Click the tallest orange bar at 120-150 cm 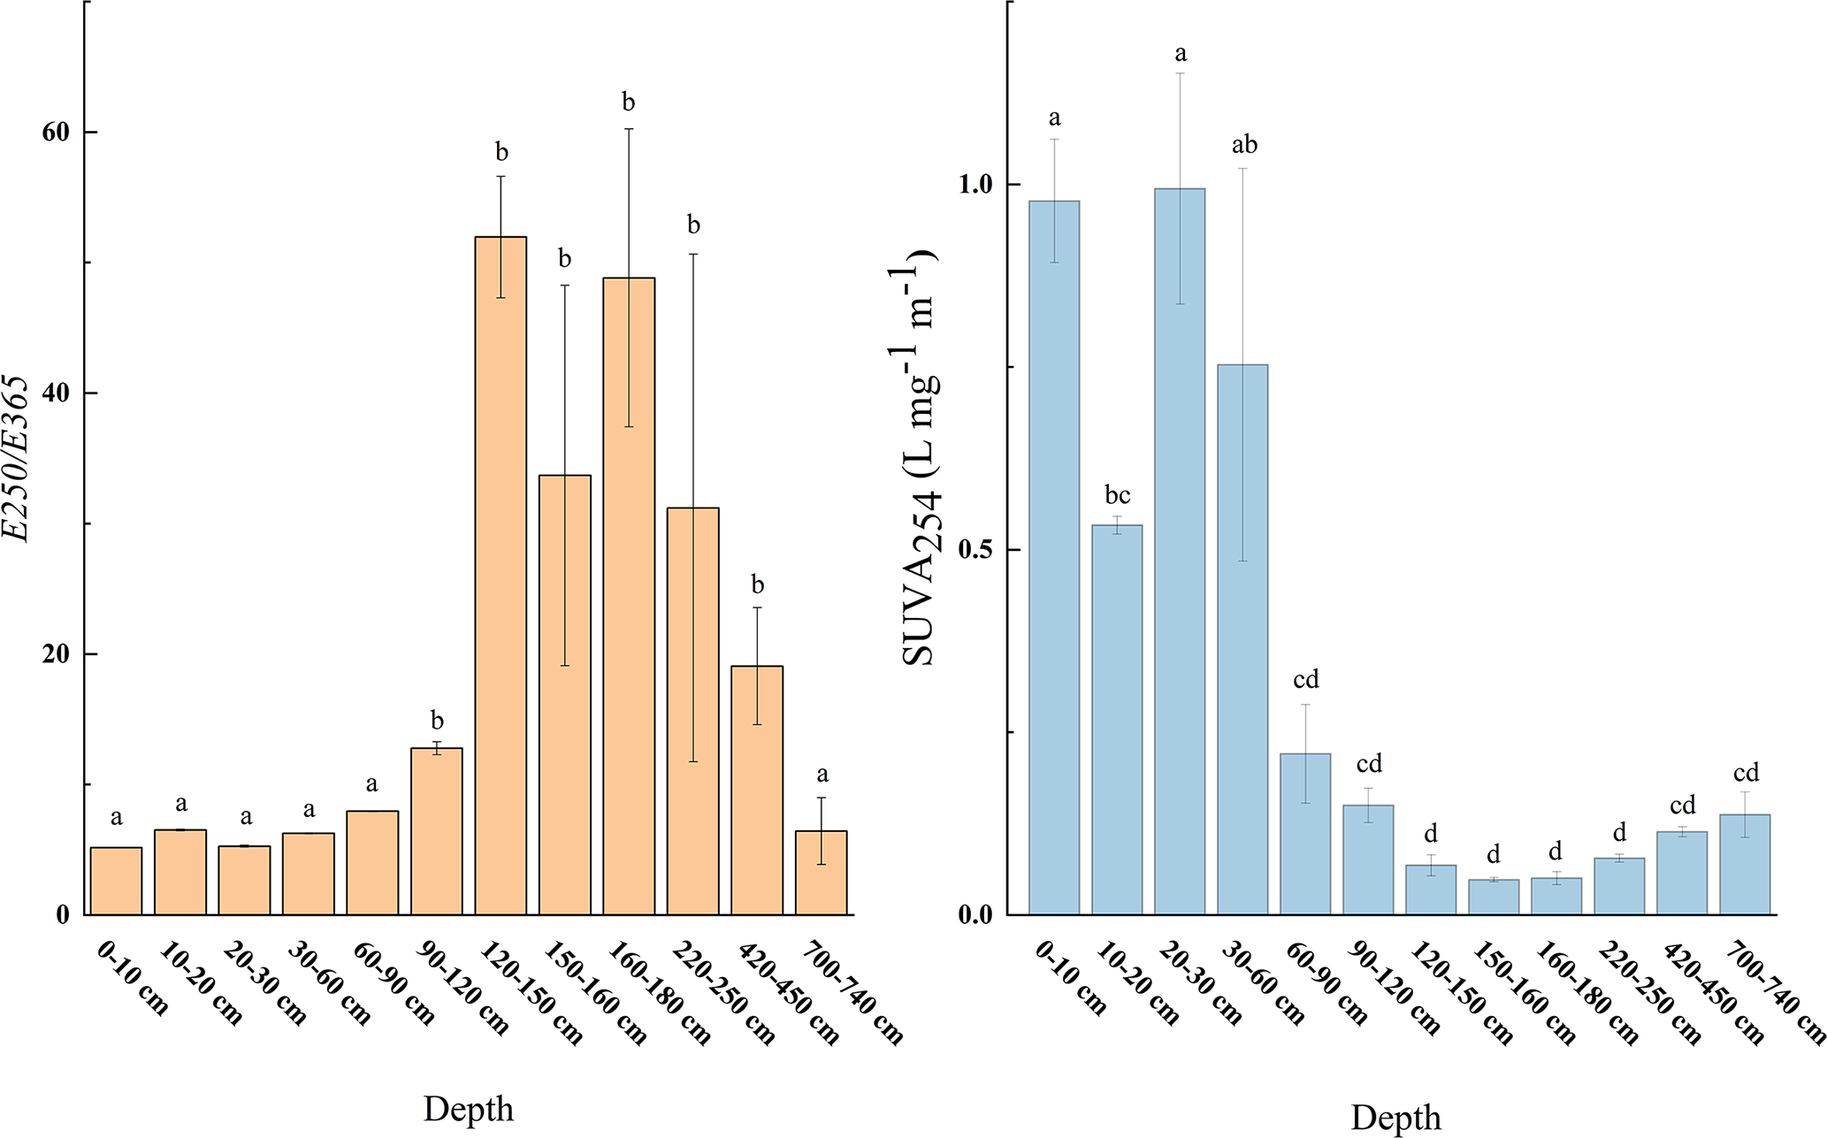501,575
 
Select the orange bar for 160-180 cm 629,596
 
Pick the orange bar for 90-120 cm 437,831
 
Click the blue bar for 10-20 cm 1117,720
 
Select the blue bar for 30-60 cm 1242,639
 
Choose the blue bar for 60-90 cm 1305,834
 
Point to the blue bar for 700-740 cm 1745,864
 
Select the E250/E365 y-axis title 16,460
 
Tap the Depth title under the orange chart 468,1109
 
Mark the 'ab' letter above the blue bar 1244,145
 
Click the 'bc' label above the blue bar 1118,495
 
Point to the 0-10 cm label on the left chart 133,979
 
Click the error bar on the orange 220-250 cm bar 693,508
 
